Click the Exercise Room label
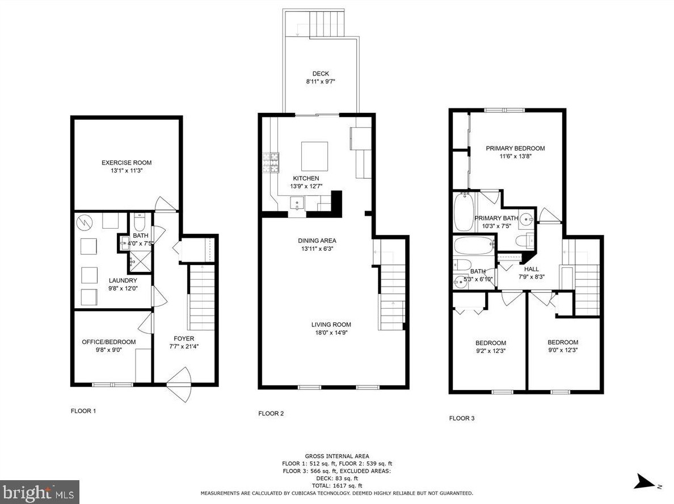coord(127,162)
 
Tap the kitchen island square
coord(315,157)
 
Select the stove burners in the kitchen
coord(271,163)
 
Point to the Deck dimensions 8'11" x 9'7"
coord(321,81)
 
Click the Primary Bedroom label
coord(515,148)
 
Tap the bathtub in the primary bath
coord(464,212)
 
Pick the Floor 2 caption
coord(271,414)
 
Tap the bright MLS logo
coord(40,492)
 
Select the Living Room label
coord(331,325)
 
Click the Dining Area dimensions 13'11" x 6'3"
coord(317,249)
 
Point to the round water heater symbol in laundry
coord(85,222)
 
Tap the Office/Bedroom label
coord(109,342)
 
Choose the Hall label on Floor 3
coord(532,269)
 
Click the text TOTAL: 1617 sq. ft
coord(337,486)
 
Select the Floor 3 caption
coord(462,418)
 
